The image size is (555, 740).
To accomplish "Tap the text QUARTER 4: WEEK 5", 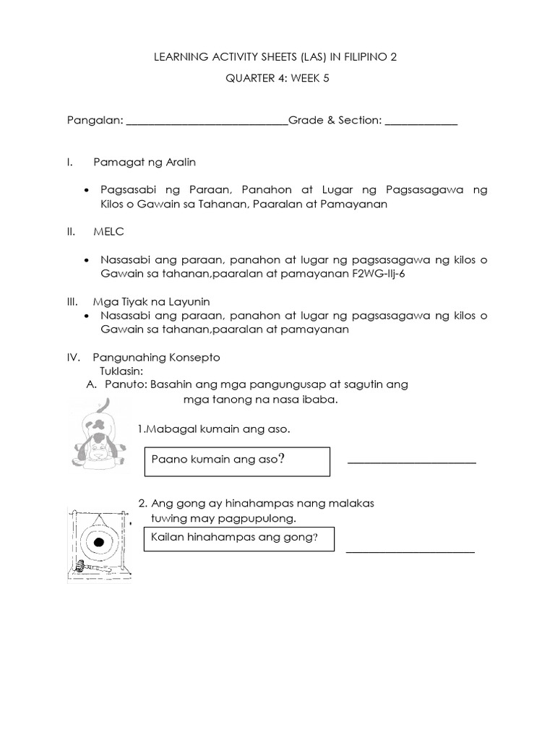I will tap(277, 81).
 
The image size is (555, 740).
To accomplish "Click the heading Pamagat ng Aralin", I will tap(144, 161).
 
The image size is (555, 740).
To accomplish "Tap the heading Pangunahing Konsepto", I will tap(156, 358).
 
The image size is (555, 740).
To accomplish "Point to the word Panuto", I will tap(124, 384).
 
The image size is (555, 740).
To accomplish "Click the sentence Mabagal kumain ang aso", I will tap(214, 430).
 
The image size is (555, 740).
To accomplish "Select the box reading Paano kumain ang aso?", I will tap(237, 462).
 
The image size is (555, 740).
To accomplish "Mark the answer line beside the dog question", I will tap(412, 462).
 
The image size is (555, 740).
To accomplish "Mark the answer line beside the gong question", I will tap(410, 551).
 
